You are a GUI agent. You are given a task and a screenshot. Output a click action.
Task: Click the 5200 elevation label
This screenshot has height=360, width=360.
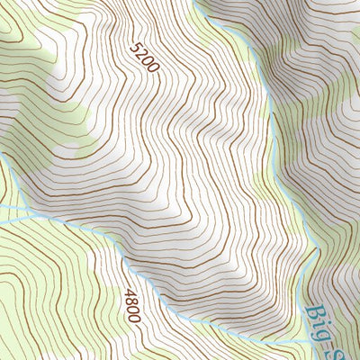144,58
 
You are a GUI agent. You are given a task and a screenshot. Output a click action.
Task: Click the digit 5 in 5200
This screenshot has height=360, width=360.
137,47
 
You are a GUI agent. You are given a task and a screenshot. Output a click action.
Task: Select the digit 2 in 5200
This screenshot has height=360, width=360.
141,54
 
